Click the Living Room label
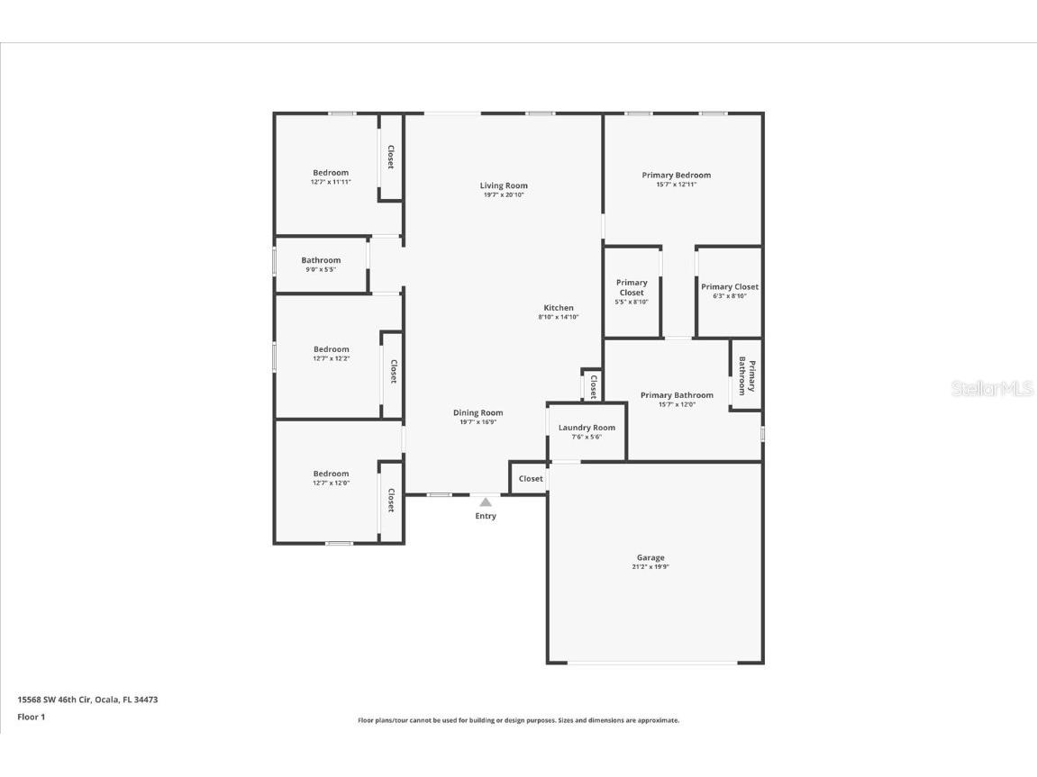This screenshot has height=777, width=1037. click(504, 185)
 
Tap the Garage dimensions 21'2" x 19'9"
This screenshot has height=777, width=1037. click(650, 567)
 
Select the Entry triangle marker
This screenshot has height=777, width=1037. click(486, 501)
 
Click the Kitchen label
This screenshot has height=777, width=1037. click(559, 308)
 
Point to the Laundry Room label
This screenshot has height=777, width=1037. click(587, 428)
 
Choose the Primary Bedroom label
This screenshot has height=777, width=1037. click(676, 176)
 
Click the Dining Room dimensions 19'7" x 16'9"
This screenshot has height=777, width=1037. click(478, 421)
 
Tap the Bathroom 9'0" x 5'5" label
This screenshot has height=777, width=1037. click(321, 260)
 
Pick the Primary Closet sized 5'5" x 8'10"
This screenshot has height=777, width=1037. click(632, 287)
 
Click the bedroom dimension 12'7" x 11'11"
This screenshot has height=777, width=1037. click(331, 182)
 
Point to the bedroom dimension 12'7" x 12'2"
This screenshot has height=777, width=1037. click(331, 358)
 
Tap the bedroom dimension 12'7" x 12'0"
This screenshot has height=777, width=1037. click(331, 483)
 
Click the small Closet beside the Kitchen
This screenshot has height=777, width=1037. click(593, 386)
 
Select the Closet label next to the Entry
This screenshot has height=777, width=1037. click(531, 479)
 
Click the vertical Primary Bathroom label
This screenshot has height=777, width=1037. click(747, 376)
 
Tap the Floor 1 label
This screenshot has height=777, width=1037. click(31, 718)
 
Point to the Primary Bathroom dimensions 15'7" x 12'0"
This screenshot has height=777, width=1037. click(677, 404)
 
